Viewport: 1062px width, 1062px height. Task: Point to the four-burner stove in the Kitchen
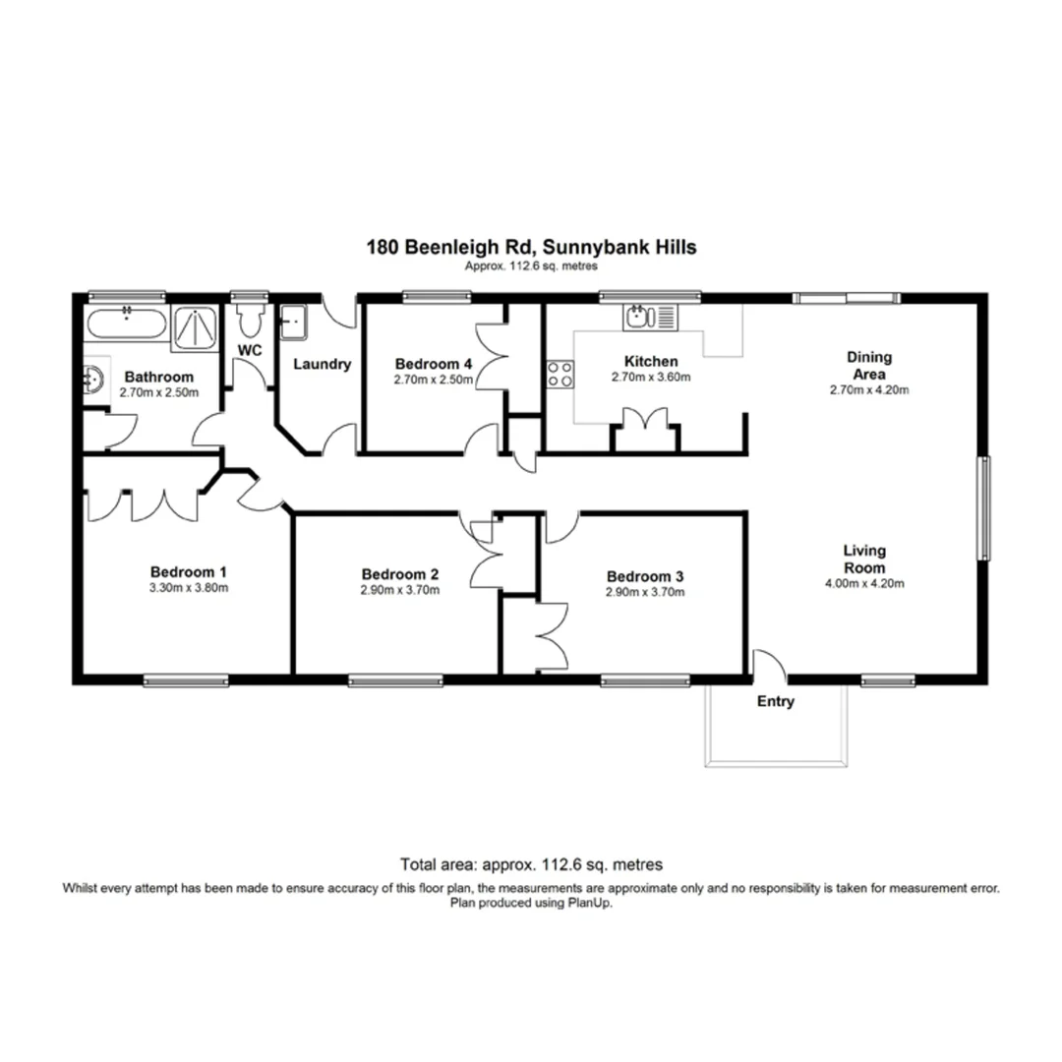(560, 375)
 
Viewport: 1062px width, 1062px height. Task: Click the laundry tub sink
(293, 321)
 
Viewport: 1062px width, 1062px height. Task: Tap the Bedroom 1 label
(189, 571)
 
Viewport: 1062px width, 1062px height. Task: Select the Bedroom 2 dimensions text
(399, 591)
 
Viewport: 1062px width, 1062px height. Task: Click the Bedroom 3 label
(645, 576)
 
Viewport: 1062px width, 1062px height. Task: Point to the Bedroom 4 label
(434, 363)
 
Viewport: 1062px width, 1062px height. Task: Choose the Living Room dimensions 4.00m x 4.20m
(864, 583)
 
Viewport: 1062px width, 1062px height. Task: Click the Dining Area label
(869, 366)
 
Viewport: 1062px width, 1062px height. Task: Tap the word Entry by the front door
(775, 702)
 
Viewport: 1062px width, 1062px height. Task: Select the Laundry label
(323, 364)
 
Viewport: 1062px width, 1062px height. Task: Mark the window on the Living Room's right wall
(982, 509)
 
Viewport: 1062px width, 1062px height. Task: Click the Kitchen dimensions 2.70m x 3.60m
(651, 378)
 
